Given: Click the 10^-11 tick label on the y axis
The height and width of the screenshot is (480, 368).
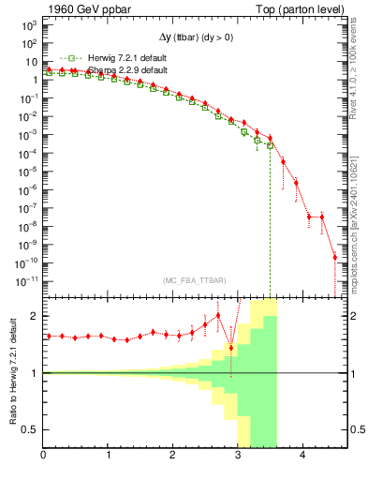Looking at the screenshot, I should [27, 279].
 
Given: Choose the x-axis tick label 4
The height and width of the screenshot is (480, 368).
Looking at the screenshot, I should [303, 457].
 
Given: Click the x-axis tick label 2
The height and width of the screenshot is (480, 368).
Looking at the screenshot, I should [173, 457].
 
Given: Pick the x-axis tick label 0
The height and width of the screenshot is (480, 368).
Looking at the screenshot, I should [44, 457].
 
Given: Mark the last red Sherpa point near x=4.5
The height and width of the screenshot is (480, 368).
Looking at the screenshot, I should [334, 257].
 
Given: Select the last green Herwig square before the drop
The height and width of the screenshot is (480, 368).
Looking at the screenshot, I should [270, 145].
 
